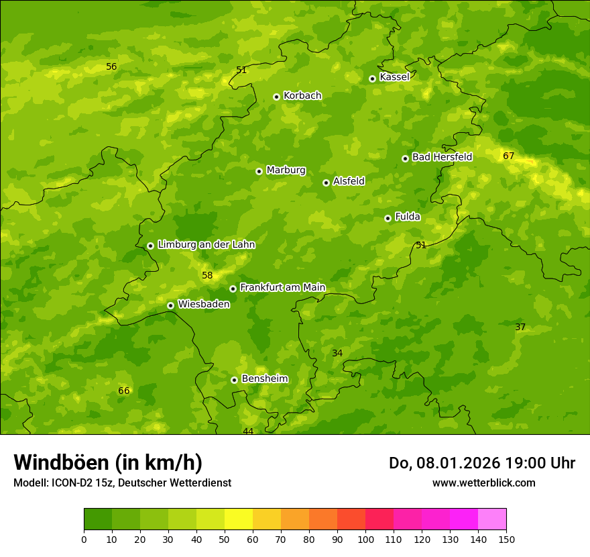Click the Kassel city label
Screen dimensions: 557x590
[x=394, y=77]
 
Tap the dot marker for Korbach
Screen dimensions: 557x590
[x=276, y=97]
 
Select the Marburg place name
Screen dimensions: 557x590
[x=286, y=170]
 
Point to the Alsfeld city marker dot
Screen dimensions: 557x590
[x=326, y=183]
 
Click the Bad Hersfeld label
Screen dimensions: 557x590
[x=442, y=157]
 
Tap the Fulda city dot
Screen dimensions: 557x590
[x=388, y=218]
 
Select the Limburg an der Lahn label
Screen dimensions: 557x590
[x=206, y=245]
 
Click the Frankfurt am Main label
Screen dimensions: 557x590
[x=282, y=288]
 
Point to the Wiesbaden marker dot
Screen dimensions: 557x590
[x=170, y=305]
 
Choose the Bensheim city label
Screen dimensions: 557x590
[x=264, y=379]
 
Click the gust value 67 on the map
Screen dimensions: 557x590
[x=509, y=156]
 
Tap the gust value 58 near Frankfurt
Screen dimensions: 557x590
[x=207, y=276]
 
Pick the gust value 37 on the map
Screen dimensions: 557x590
[x=520, y=327]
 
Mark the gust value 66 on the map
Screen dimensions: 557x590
[x=124, y=391]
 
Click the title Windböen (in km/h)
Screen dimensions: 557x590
[x=108, y=462]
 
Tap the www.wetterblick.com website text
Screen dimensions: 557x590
[x=483, y=483]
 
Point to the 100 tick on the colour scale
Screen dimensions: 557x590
[x=365, y=539]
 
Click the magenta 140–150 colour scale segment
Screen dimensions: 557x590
[x=492, y=519]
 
